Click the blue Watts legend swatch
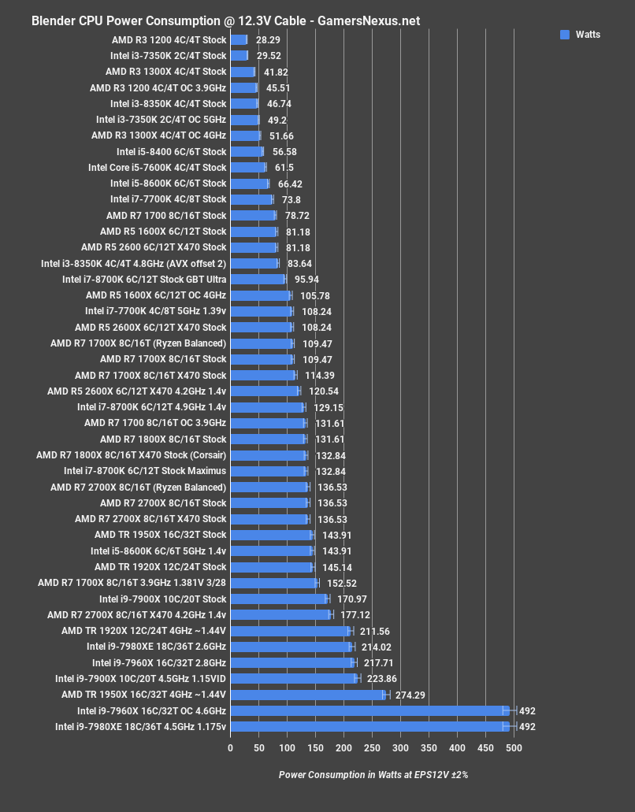tap(564, 35)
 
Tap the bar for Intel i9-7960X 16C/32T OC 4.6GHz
tap(369, 710)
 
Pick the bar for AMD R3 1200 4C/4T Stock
tap(238, 39)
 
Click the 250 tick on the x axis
tap(372, 747)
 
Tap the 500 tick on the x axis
tap(513, 747)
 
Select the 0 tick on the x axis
tap(230, 747)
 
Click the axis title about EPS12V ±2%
tap(373, 774)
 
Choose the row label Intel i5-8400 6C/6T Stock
tap(171, 152)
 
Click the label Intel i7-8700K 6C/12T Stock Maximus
tap(145, 471)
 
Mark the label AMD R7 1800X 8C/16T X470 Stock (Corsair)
tap(132, 455)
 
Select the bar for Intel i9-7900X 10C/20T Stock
tap(278, 599)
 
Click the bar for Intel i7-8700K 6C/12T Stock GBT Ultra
tap(257, 280)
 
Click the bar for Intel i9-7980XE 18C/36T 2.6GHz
tap(291, 647)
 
